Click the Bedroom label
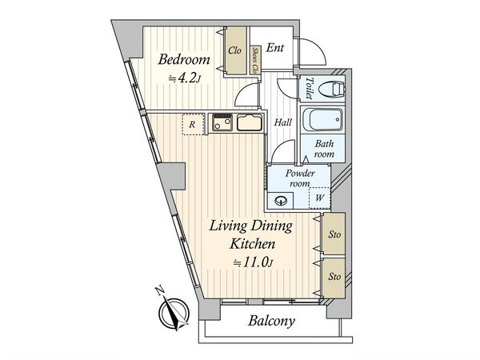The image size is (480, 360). pos(184,59)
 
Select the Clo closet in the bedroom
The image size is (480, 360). pos(236,51)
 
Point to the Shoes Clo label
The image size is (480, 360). pos(254,61)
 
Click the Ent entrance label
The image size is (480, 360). pos(274,47)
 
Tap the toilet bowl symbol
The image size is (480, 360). pos(332,89)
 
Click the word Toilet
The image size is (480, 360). pos(310,88)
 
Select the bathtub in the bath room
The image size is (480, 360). pos(322,120)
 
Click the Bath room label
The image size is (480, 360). pos(324,149)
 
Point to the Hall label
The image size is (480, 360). pos(282,122)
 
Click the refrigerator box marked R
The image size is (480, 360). pos(193,124)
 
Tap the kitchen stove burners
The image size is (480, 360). pos(222,122)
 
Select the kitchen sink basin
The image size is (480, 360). pos(249,122)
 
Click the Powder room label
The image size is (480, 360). pos(300,178)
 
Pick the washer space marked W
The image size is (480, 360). pos(319,198)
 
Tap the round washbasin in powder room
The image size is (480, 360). pos(281,201)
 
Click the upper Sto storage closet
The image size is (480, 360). pos(334,234)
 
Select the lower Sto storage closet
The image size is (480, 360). pos(334,277)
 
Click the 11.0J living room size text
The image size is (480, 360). pos(253,262)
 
